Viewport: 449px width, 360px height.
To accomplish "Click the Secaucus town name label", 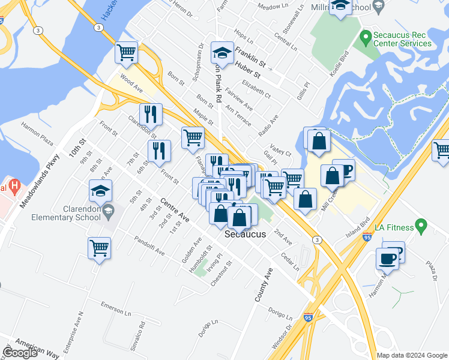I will tap(244, 235).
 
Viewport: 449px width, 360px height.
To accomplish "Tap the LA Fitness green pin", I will tap(421, 227).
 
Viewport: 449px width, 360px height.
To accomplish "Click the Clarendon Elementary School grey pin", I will tap(108, 210).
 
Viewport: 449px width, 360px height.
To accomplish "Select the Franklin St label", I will tap(250, 56).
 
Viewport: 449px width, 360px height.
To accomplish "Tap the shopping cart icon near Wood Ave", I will tap(127, 53).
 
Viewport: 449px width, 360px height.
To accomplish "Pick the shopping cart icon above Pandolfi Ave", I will tap(99, 248).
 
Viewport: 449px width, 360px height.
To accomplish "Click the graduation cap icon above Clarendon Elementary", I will tap(100, 192).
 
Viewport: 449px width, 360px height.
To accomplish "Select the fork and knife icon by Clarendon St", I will tap(151, 114).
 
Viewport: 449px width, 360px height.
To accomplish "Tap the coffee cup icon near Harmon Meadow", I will tap(388, 259).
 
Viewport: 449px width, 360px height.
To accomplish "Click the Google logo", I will tap(20, 353).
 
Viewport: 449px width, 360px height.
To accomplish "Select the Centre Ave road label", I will tap(175, 210).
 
